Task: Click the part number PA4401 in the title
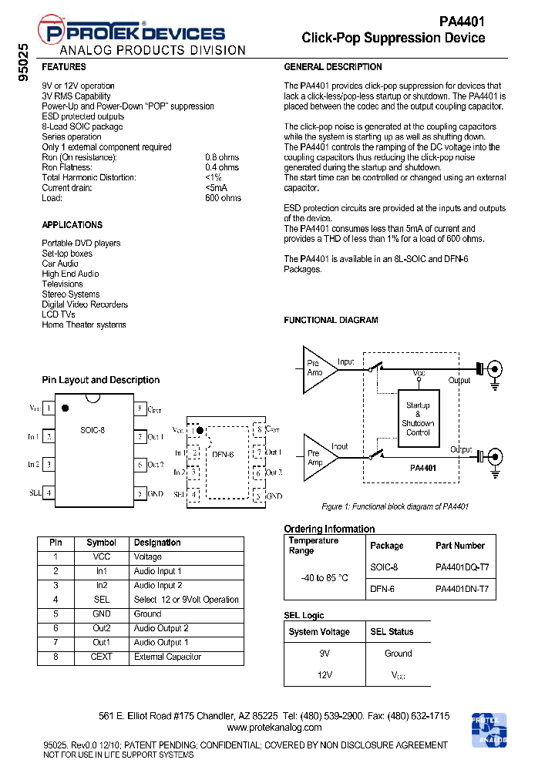pos(462,22)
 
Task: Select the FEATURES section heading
pos(63,67)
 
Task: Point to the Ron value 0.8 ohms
pos(222,157)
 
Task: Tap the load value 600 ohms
pos(223,198)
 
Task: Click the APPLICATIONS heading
pos(72,225)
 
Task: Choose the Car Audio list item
pos(59,264)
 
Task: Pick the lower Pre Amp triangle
pos(317,458)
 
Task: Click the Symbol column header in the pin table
pos(101,543)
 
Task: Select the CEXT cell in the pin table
pos(101,657)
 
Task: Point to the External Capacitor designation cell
pos(167,657)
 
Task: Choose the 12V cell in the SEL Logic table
pos(324,674)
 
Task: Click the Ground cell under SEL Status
pos(398,654)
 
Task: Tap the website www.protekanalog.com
pos(274,728)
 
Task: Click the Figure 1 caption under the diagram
pos(395,506)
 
